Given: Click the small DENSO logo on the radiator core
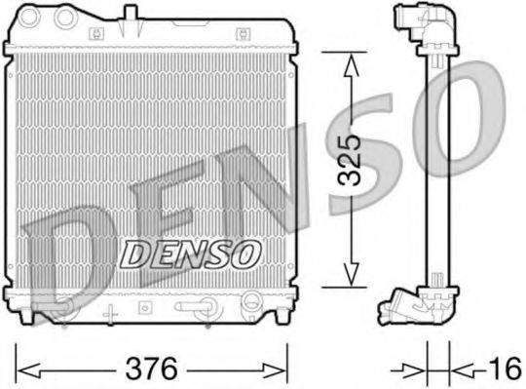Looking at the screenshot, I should click(191, 253).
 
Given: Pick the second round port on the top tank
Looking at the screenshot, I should click(66, 18).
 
